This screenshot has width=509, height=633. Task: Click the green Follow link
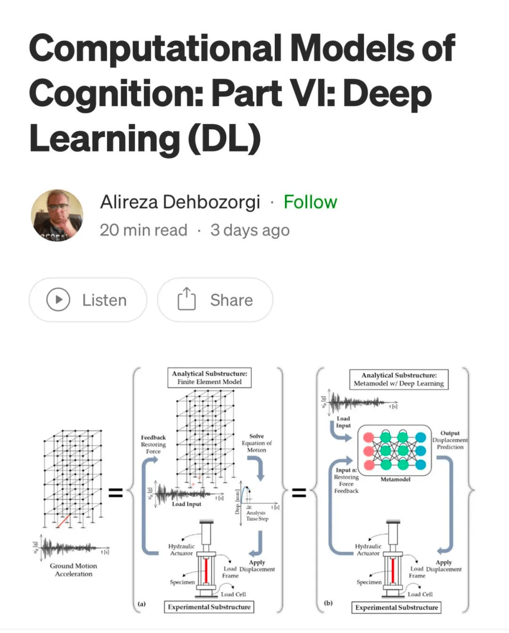click(310, 202)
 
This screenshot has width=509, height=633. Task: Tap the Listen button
click(88, 300)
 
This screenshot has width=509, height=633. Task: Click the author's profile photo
click(57, 215)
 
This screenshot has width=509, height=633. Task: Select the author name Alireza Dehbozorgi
click(180, 202)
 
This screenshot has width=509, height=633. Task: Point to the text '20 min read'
click(143, 230)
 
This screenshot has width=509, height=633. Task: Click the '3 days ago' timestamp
click(250, 230)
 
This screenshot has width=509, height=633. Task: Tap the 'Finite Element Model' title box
click(209, 378)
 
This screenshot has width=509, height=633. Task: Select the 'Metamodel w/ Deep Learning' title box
click(399, 379)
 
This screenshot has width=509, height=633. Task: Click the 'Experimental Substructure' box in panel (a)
click(209, 607)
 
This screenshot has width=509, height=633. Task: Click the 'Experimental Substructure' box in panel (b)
click(396, 608)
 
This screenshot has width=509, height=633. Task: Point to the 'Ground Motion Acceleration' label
click(74, 569)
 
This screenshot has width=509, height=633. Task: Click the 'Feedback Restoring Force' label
click(153, 444)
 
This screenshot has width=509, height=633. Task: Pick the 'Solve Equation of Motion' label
click(256, 443)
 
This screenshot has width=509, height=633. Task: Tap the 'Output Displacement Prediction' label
click(450, 440)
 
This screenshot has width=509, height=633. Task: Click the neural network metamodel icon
click(394, 451)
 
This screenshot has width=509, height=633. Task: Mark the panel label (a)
click(141, 603)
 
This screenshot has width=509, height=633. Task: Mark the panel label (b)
click(328, 602)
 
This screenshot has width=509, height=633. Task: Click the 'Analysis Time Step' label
click(257, 516)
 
